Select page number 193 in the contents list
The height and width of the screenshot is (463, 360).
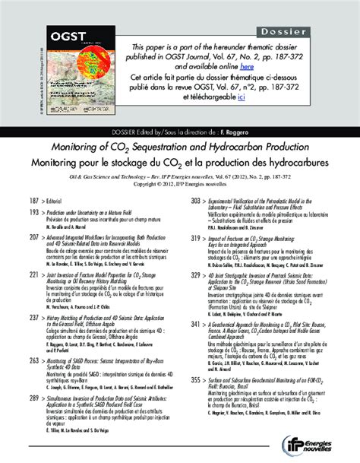(x=33, y=215)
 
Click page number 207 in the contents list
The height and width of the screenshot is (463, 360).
(x=33, y=237)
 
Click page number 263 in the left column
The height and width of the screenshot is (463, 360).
(x=33, y=359)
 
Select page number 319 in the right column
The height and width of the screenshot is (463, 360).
(x=194, y=237)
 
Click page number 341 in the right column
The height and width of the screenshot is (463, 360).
(x=194, y=323)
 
